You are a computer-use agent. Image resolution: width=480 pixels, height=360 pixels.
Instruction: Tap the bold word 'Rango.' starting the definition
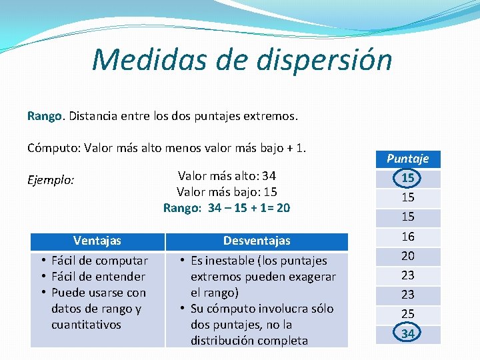pos(45,116)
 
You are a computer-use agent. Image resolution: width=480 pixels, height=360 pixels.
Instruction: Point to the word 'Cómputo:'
pos(53,147)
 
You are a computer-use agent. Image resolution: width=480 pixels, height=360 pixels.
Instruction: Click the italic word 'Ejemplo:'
pos(51,180)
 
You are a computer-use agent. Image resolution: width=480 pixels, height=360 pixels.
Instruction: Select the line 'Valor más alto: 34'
pos(227,176)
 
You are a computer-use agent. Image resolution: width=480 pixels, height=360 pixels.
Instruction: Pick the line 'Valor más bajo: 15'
pos(227,192)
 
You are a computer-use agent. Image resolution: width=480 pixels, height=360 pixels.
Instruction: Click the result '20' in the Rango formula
pos(283,208)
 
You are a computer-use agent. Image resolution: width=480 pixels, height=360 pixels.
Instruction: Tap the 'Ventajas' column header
pos(97,241)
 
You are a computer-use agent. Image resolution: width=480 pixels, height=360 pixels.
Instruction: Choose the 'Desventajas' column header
pos(257,241)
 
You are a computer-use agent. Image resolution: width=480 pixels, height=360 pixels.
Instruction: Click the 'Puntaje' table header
pos(407,159)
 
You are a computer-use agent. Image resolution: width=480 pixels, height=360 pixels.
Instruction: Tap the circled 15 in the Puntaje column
pos(407,178)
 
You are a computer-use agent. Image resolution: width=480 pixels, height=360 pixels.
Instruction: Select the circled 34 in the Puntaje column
pos(407,333)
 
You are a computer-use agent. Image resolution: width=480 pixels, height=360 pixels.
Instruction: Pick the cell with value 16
pos(407,236)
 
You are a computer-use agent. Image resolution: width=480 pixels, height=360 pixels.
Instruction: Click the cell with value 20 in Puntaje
pos(407,255)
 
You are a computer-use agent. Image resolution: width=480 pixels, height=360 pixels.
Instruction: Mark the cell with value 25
pos(407,313)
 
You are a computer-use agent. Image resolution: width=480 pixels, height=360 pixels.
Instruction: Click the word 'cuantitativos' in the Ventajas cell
pos(86,325)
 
